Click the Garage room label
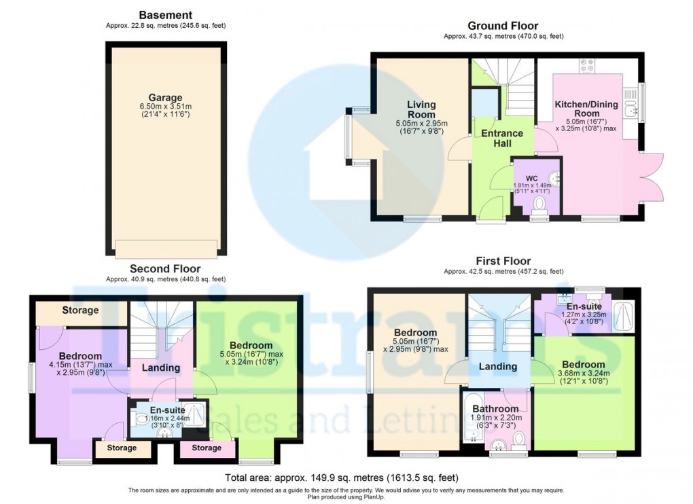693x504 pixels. click(166, 98)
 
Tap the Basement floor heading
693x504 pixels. click(165, 15)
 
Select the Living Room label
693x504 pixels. click(421, 109)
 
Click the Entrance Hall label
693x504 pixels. click(502, 139)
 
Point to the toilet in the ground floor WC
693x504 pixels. click(540, 204)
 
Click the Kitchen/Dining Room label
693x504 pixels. click(586, 109)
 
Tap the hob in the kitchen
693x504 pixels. click(587, 66)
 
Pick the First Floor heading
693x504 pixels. click(503, 261)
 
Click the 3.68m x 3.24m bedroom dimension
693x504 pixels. click(584, 373)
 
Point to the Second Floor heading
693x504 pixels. click(165, 268)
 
